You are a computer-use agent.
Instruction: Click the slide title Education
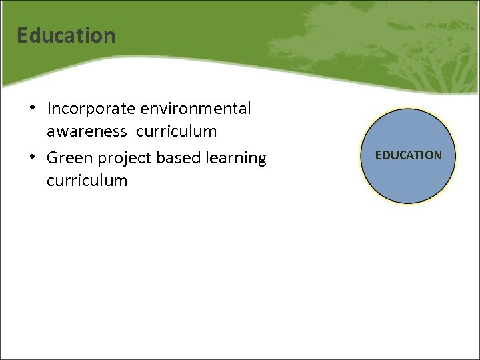click(x=66, y=35)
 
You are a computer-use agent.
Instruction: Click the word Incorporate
click(x=89, y=109)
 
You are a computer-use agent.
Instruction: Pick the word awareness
click(x=87, y=131)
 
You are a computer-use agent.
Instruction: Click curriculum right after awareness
click(x=177, y=131)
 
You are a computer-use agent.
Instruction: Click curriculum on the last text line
click(x=87, y=181)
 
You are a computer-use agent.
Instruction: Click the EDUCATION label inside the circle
click(x=408, y=155)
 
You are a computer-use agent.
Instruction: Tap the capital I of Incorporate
click(x=49, y=109)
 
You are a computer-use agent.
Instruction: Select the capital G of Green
click(x=53, y=158)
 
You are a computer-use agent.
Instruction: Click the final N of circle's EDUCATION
click(x=437, y=155)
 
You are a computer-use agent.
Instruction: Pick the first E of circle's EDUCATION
click(x=378, y=155)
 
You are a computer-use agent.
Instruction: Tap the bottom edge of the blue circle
click(x=408, y=203)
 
